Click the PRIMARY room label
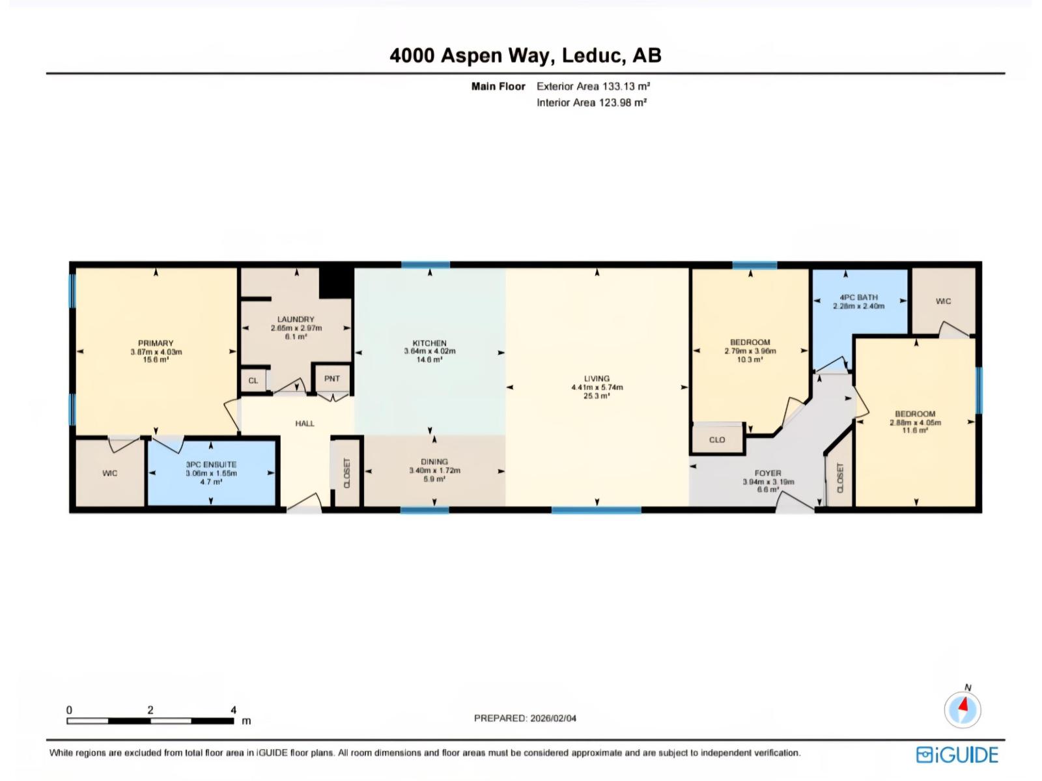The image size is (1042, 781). click(x=156, y=343)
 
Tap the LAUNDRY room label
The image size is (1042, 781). click(x=296, y=319)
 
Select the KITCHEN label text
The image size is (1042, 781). click(x=429, y=343)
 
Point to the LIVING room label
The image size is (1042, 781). click(x=597, y=378)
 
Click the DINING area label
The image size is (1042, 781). click(x=434, y=461)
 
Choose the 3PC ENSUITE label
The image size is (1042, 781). click(x=211, y=465)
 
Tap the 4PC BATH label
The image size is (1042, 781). click(x=858, y=297)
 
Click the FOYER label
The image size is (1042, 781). click(x=768, y=473)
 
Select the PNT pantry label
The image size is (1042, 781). click(x=332, y=379)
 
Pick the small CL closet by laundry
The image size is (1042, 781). click(x=253, y=381)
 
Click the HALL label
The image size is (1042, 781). click(x=305, y=424)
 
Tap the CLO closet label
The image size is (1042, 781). click(x=717, y=440)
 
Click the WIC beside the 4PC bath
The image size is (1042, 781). click(x=943, y=301)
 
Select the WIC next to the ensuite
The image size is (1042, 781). click(x=110, y=473)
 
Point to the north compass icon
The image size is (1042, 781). click(x=963, y=709)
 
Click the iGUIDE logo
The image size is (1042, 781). click(x=957, y=755)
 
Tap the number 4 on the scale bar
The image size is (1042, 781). click(x=233, y=710)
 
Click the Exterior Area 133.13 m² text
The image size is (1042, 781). click(x=593, y=86)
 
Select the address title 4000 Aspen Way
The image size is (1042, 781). click(x=525, y=55)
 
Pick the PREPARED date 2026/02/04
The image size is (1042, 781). click(x=525, y=719)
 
